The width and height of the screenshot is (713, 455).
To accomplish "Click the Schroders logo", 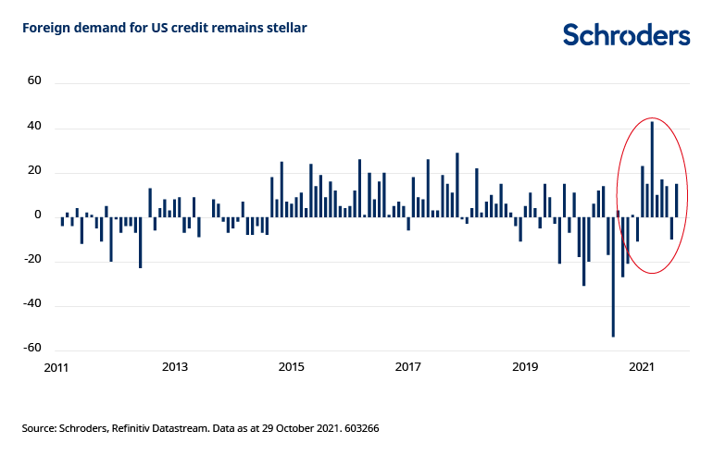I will click(626, 35).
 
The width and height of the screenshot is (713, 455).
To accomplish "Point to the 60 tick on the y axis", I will click(34, 80).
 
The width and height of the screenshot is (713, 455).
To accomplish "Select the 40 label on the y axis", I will click(34, 126).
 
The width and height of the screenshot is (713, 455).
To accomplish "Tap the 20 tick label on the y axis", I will click(34, 171).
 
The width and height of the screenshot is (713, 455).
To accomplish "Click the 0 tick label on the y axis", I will click(38, 215).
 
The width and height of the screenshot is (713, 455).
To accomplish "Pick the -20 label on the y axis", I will click(32, 260).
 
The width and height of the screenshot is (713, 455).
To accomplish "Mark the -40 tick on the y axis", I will click(32, 305).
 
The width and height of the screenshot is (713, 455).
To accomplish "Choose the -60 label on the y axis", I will click(32, 349).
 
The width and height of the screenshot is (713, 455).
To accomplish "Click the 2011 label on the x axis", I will click(57, 367).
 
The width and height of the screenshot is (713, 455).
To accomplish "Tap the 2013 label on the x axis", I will click(175, 367).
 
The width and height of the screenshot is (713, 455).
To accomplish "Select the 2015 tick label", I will click(292, 367).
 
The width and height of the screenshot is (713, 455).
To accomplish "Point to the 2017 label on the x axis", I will click(408, 367).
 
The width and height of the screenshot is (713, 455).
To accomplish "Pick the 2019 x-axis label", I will click(525, 367).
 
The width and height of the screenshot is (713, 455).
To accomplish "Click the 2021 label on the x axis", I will click(643, 367).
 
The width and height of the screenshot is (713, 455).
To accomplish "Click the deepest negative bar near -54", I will click(613, 277).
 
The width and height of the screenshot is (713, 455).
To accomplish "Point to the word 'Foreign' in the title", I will click(44, 28).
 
